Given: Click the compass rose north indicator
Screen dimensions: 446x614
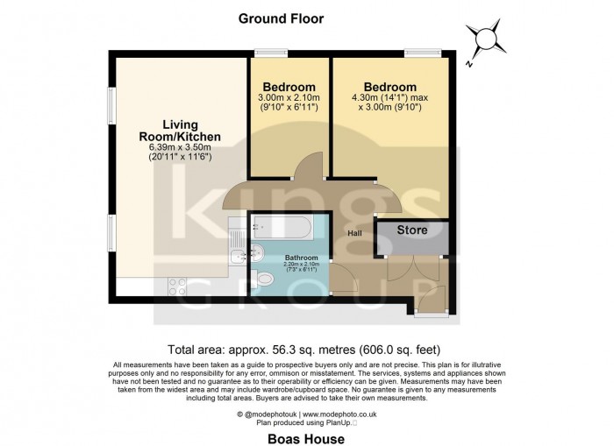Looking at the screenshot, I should point(482,39).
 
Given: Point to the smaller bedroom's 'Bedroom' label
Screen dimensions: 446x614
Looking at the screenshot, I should point(289,87).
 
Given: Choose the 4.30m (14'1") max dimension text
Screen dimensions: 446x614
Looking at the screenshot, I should point(390,99).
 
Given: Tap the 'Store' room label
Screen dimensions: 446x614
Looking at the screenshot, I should point(411,231).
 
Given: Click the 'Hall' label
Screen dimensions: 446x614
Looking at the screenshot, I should point(354,233).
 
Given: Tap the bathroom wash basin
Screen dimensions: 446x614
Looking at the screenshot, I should point(255,255).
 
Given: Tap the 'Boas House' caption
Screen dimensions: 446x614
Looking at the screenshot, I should point(306,438).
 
